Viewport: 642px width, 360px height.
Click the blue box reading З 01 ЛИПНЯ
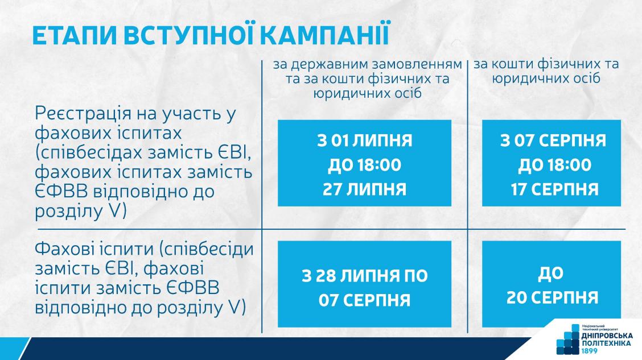click(x=364, y=163)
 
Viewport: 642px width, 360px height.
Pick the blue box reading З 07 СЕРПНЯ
click(x=552, y=163)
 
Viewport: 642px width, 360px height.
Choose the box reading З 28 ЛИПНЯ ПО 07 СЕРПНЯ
click(x=364, y=284)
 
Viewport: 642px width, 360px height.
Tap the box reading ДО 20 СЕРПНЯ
click(x=552, y=284)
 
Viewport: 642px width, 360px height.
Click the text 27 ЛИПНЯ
click(x=364, y=189)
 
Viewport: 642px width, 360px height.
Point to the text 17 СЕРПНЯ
click(x=554, y=189)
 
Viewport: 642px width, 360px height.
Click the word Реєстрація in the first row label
click(x=83, y=114)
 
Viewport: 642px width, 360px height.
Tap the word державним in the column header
click(x=330, y=65)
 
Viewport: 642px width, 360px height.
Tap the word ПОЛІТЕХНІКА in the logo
click(x=606, y=344)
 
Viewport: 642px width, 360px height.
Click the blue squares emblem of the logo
click(x=569, y=340)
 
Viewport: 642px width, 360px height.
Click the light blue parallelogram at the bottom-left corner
click(x=15, y=349)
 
